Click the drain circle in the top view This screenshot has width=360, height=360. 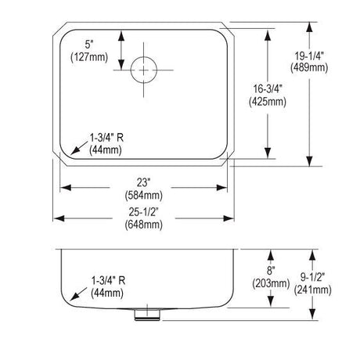click(x=144, y=57)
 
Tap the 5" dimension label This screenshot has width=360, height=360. click(x=89, y=45)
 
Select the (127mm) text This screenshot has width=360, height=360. click(x=89, y=57)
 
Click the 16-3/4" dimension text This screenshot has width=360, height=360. click(x=268, y=89)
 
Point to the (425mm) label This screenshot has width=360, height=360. click(x=268, y=102)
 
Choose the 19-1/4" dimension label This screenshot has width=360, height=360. click(x=309, y=56)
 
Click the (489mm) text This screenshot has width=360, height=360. click(x=309, y=68)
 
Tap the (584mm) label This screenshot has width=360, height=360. click(x=144, y=195)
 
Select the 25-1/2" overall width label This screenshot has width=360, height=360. click(x=144, y=212)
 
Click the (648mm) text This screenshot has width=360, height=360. click(x=144, y=225)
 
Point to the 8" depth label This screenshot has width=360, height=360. click(x=271, y=271)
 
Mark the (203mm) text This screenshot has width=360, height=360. click(x=271, y=283)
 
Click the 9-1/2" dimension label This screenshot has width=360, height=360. click(x=312, y=277)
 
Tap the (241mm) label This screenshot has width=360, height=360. click(x=312, y=290)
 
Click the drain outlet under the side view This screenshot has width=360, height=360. click(x=147, y=315)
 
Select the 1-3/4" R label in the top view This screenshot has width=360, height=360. click(x=106, y=138)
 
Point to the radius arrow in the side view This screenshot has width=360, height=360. click(x=78, y=293)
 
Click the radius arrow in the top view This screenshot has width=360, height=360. click(x=79, y=147)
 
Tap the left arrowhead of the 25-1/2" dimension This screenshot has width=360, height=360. click(x=59, y=218)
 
